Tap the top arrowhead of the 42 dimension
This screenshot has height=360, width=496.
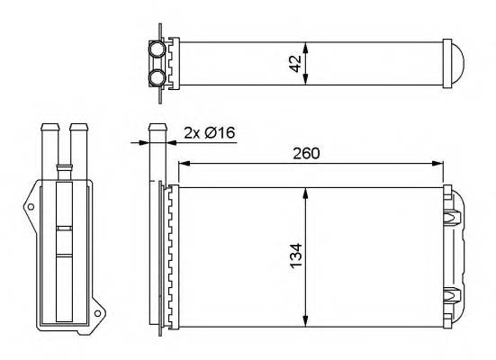307,45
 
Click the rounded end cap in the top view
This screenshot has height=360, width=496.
458,62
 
